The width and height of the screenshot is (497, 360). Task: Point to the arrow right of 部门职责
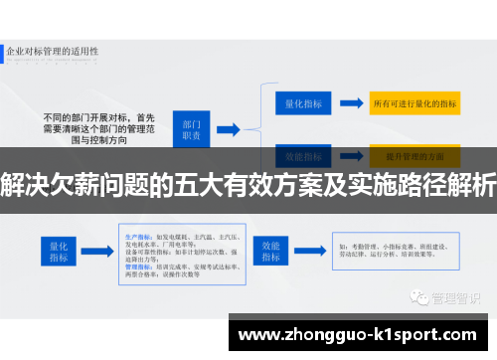click(x=228, y=128)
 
